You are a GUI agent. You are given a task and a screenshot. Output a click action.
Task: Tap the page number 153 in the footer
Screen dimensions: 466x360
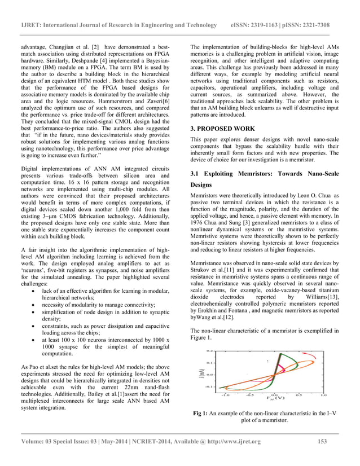click(323, 441)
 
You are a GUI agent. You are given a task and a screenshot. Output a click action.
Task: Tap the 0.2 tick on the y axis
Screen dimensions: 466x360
click(209, 351)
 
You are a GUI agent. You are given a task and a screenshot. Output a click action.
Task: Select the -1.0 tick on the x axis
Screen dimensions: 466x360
click(225, 395)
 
